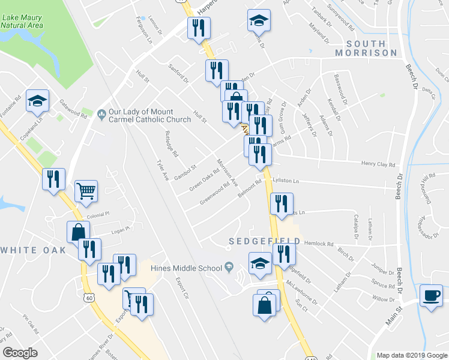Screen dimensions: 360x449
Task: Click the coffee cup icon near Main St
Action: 430,295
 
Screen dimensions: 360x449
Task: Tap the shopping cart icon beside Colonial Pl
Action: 86,191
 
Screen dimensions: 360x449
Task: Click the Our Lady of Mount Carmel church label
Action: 143,115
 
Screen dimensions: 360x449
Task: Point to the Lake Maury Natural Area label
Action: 22,22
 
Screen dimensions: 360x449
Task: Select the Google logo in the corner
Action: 20,352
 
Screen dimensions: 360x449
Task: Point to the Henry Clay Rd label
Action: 378,164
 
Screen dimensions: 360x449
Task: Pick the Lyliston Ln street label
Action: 285,181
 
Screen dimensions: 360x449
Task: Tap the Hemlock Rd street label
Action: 319,244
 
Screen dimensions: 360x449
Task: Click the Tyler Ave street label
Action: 160,169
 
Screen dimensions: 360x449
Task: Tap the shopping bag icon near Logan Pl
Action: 78,232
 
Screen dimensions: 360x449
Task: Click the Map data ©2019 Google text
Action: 412,355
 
